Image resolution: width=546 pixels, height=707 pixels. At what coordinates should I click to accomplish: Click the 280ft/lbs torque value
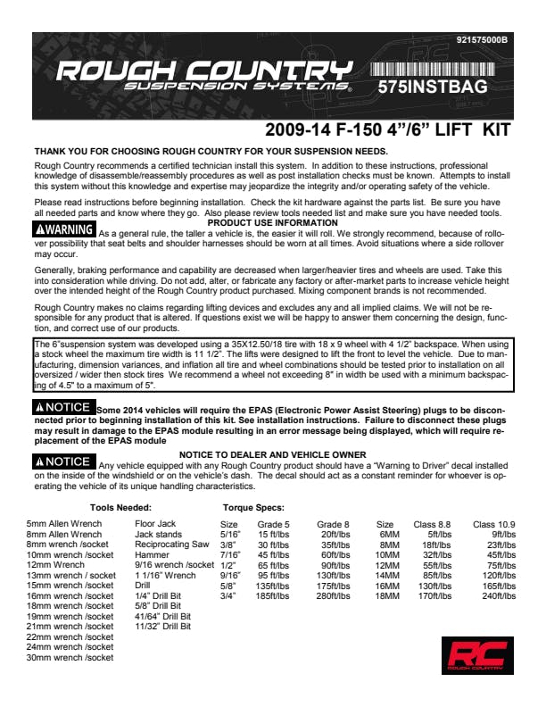(333, 594)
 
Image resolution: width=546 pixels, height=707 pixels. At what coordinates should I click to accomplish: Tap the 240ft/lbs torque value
(499, 594)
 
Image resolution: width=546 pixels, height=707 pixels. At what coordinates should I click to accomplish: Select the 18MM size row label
(386, 594)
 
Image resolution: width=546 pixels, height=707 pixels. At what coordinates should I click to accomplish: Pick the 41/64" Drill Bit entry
(162, 616)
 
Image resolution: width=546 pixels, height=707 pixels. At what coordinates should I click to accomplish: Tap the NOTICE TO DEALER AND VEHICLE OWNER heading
(272, 454)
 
